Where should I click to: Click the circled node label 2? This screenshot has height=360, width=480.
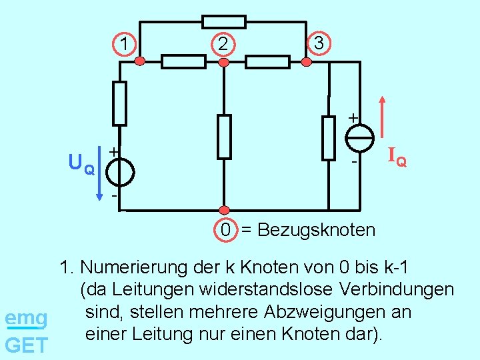point(223,45)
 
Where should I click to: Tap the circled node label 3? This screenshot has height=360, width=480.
point(319,43)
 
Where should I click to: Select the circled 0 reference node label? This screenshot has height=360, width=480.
point(227,230)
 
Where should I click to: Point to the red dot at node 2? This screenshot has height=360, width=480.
point(224,62)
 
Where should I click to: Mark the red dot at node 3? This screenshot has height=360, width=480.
point(307,62)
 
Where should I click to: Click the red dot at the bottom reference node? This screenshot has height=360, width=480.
point(224,211)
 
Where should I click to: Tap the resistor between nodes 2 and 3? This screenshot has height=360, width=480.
point(267,62)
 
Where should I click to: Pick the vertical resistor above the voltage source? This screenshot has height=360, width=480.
point(119,103)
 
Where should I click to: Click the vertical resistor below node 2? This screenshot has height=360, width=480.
point(224,137)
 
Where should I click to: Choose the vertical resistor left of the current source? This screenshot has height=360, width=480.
point(329,138)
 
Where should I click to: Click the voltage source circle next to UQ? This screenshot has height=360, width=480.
point(119,171)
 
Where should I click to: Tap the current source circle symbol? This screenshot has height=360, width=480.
point(360,139)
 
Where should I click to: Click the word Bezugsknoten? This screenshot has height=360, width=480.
point(317,230)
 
